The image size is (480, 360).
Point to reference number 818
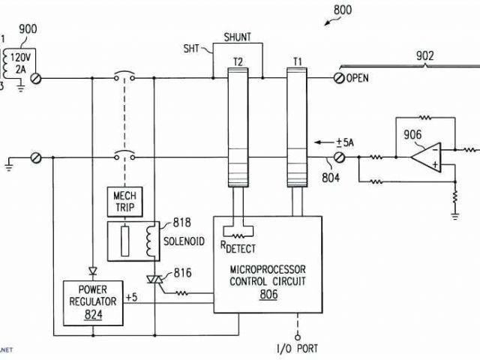point(182,223)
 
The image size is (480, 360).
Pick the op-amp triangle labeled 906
point(426,158)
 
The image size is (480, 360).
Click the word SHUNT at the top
point(238,36)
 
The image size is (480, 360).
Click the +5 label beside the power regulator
point(131,298)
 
